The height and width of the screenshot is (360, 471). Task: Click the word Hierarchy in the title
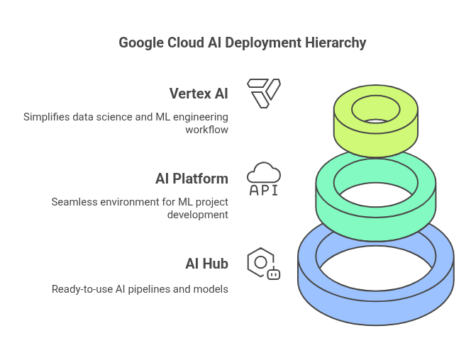click(336, 43)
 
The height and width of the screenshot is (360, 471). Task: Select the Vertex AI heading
click(199, 94)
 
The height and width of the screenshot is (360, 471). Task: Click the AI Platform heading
click(192, 179)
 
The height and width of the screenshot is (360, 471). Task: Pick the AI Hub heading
click(206, 264)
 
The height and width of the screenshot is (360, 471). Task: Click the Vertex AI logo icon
click(264, 94)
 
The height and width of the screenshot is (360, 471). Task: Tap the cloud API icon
click(264, 179)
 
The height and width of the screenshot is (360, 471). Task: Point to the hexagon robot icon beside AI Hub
click(264, 264)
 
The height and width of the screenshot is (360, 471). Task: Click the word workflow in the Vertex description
click(206, 130)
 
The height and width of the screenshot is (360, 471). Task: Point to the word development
click(198, 215)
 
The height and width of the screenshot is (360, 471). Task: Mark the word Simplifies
click(47, 117)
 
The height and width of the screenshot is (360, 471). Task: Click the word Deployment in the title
click(263, 43)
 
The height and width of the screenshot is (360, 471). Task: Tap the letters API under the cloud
click(264, 190)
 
